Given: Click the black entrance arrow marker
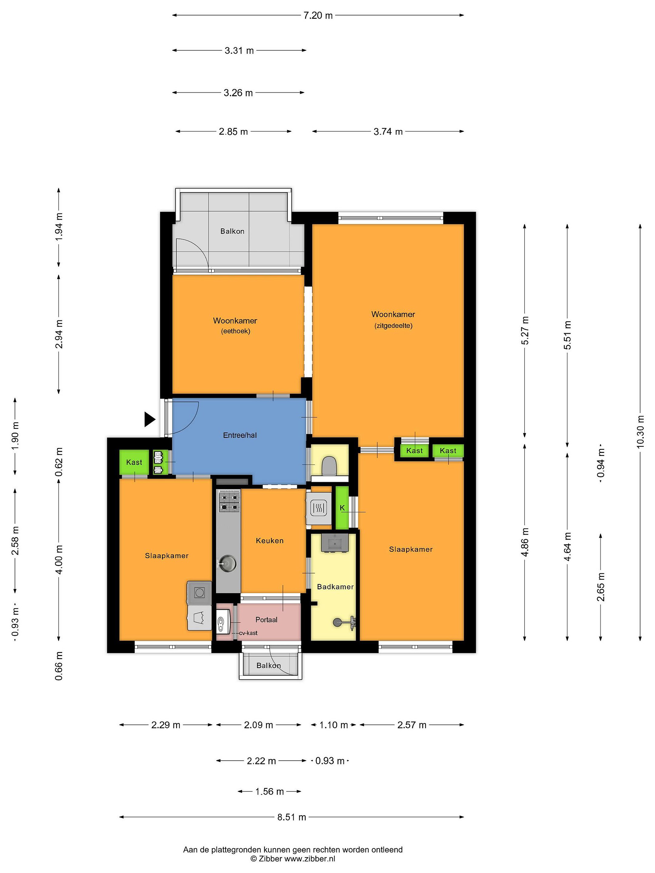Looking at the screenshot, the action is click(x=149, y=419).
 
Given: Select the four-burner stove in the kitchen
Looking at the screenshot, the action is click(x=229, y=501).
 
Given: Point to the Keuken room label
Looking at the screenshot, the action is click(x=270, y=541).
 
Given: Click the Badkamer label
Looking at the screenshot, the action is click(x=335, y=587).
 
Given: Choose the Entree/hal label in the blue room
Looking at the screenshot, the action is click(x=240, y=435).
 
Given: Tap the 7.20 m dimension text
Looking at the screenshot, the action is click(x=318, y=15).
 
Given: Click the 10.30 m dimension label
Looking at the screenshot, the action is click(x=640, y=431).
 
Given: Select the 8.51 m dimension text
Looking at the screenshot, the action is click(x=291, y=817).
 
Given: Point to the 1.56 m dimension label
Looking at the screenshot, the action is click(x=270, y=780).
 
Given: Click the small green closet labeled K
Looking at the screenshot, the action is click(x=342, y=508).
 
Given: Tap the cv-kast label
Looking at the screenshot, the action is click(x=248, y=633).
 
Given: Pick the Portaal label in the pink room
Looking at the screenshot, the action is click(x=266, y=620).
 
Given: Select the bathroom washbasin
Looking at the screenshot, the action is click(x=335, y=543).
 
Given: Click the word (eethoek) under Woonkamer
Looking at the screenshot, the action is click(x=235, y=331).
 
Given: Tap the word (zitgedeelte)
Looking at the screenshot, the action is click(x=393, y=326).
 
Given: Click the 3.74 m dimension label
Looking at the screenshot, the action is click(x=388, y=132).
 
